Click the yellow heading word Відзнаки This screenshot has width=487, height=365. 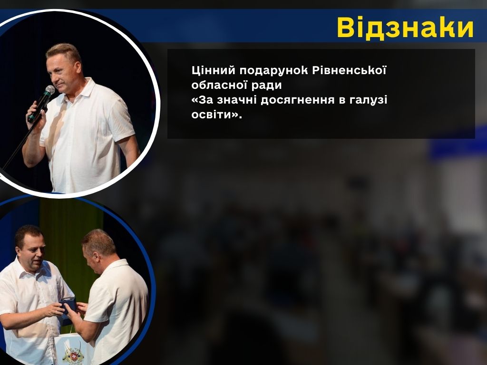pyautogui.click(x=405, y=28)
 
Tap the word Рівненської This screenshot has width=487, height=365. pyautogui.click(x=349, y=70)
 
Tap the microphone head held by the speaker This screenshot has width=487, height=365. pyautogui.click(x=49, y=90)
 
